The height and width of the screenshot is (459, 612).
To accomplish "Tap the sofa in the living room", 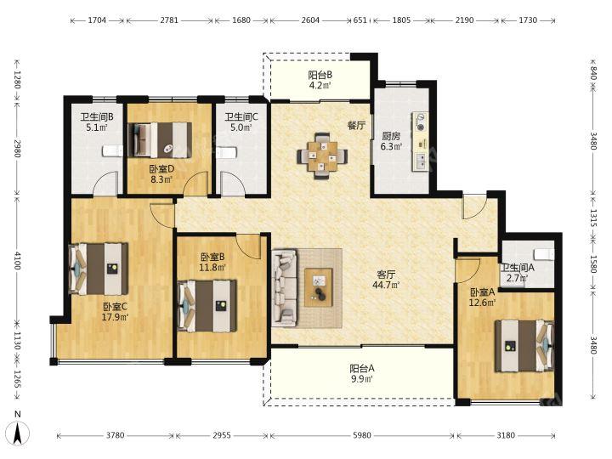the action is click(284, 288).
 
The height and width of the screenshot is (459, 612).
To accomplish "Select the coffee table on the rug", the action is click(319, 287).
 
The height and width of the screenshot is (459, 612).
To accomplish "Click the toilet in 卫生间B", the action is click(113, 151).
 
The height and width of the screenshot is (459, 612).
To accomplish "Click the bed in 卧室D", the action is click(160, 140).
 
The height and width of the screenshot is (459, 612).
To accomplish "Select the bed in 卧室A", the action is click(524, 346).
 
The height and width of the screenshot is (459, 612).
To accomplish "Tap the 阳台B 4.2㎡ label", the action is click(320, 80).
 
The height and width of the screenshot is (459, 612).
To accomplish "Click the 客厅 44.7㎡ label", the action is click(386, 280).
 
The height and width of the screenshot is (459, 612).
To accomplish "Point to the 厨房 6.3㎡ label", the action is click(391, 141).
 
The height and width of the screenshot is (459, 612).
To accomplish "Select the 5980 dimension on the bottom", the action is click(362, 435).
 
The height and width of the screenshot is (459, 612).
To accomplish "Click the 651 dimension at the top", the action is click(360, 20).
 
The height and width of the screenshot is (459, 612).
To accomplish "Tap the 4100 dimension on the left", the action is click(17, 260).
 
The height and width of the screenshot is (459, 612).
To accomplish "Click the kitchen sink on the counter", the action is click(421, 161).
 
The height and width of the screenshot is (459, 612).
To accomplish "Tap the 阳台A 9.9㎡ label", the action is click(362, 373).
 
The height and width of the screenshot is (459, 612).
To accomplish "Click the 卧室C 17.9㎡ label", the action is click(115, 312).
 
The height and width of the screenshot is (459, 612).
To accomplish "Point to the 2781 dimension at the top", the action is click(169, 20).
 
